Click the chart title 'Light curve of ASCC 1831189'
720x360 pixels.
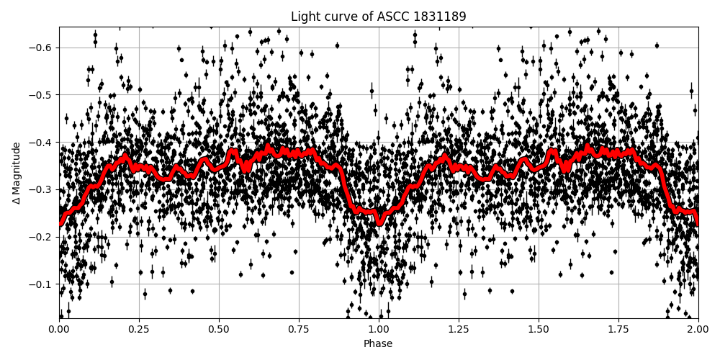(378, 17)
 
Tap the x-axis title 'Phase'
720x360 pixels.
(378, 344)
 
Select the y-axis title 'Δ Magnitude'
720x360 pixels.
(17, 173)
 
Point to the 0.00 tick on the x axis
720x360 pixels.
(59, 330)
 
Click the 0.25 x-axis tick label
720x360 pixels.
(139, 330)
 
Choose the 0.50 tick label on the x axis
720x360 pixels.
(219, 330)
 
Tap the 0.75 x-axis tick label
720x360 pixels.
(299, 330)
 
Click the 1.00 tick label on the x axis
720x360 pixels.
(379, 330)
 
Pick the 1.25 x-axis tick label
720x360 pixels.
(459, 330)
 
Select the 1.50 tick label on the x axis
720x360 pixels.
(539, 330)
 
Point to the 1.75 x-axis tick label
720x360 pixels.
(618, 330)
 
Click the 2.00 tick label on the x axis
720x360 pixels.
(698, 330)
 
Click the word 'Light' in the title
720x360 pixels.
(304, 17)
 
